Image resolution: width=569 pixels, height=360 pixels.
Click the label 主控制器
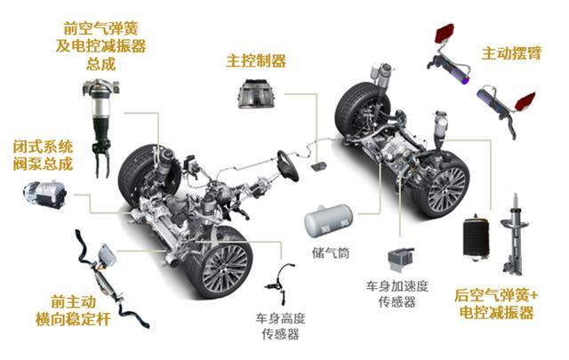point(256,60)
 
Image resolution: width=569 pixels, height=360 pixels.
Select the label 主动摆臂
point(511,53)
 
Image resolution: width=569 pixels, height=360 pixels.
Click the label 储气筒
point(332,254)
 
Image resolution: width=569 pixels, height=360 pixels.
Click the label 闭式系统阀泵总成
point(44,155)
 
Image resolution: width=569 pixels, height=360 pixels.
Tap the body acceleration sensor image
point(400,258)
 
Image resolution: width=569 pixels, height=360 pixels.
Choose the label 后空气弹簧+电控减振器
point(494,304)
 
